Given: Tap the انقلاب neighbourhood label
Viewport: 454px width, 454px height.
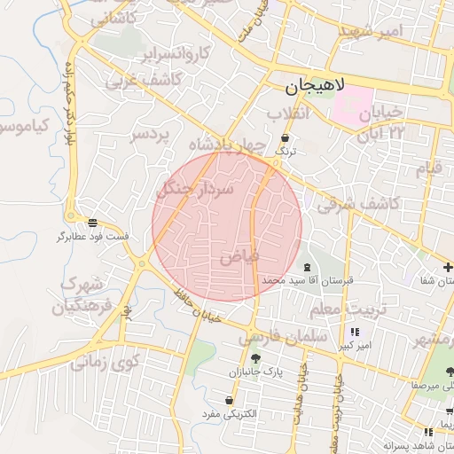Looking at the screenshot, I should tap(290, 113).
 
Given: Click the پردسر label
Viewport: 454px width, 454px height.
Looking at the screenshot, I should tap(150, 135).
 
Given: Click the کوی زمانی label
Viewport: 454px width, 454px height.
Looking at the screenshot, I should tap(106, 362).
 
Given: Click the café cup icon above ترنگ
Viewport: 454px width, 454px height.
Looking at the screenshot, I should tap(285, 138).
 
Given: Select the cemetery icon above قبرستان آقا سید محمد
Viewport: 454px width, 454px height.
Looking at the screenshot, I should tap(307, 267).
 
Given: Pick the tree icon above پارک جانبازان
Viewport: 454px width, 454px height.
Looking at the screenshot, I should tap(255, 358).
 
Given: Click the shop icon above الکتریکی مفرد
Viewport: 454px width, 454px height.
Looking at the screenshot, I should tap(230, 401).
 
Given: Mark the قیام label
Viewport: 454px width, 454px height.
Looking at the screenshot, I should tap(428, 168).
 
